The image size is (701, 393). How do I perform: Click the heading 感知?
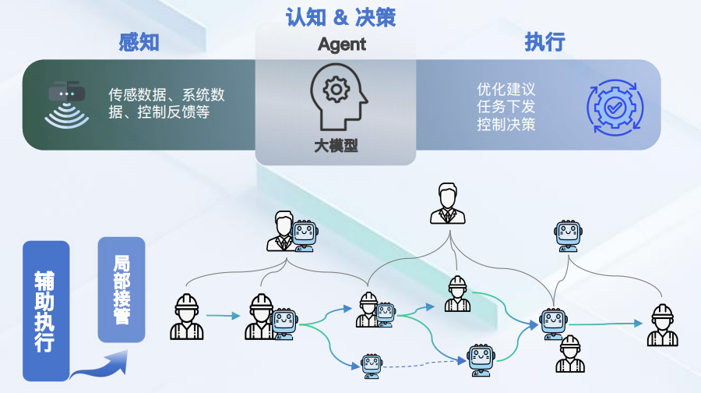coord(139,41)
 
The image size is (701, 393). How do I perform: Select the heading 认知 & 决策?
coord(340,16)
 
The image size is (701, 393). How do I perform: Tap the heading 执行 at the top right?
coord(544,41)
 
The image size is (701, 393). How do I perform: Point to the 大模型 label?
coord(336,146)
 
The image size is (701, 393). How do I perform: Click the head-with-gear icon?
coord(336,97)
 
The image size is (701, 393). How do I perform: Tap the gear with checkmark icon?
coord(615,104)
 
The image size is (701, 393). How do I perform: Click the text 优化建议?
coord(506,89)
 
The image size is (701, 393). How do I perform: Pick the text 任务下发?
coord(506,106)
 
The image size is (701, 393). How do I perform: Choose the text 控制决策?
coord(506,124)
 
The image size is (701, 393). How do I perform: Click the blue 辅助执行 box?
coord(46,310)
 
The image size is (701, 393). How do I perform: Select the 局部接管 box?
coord(121,289)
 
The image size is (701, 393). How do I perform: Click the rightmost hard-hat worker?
coord(662,325)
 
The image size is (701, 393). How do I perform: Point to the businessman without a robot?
coord(447,204)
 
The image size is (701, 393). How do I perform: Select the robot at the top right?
coord(568,235)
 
